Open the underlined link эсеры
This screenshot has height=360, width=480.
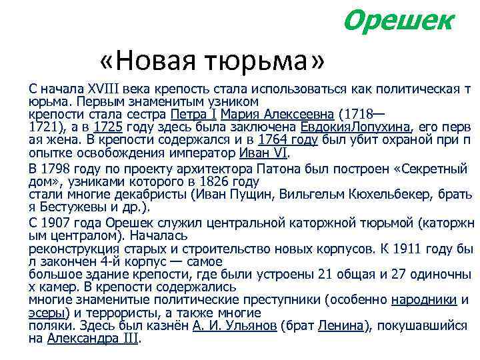[x=47, y=312]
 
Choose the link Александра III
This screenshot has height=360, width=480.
[x=93, y=338]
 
